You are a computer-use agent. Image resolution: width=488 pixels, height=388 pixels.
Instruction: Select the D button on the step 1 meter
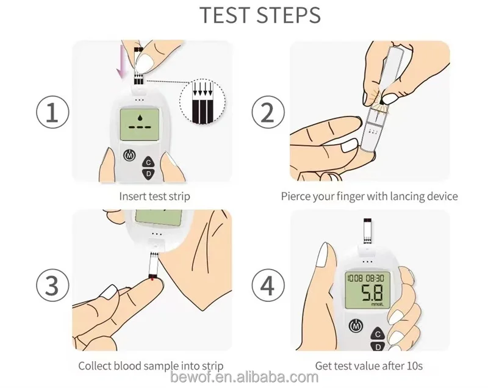pos(148,174)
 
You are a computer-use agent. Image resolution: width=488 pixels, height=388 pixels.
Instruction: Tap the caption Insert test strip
pos(154,197)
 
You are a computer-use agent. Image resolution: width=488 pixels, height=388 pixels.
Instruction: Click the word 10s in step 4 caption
pos(415,366)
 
